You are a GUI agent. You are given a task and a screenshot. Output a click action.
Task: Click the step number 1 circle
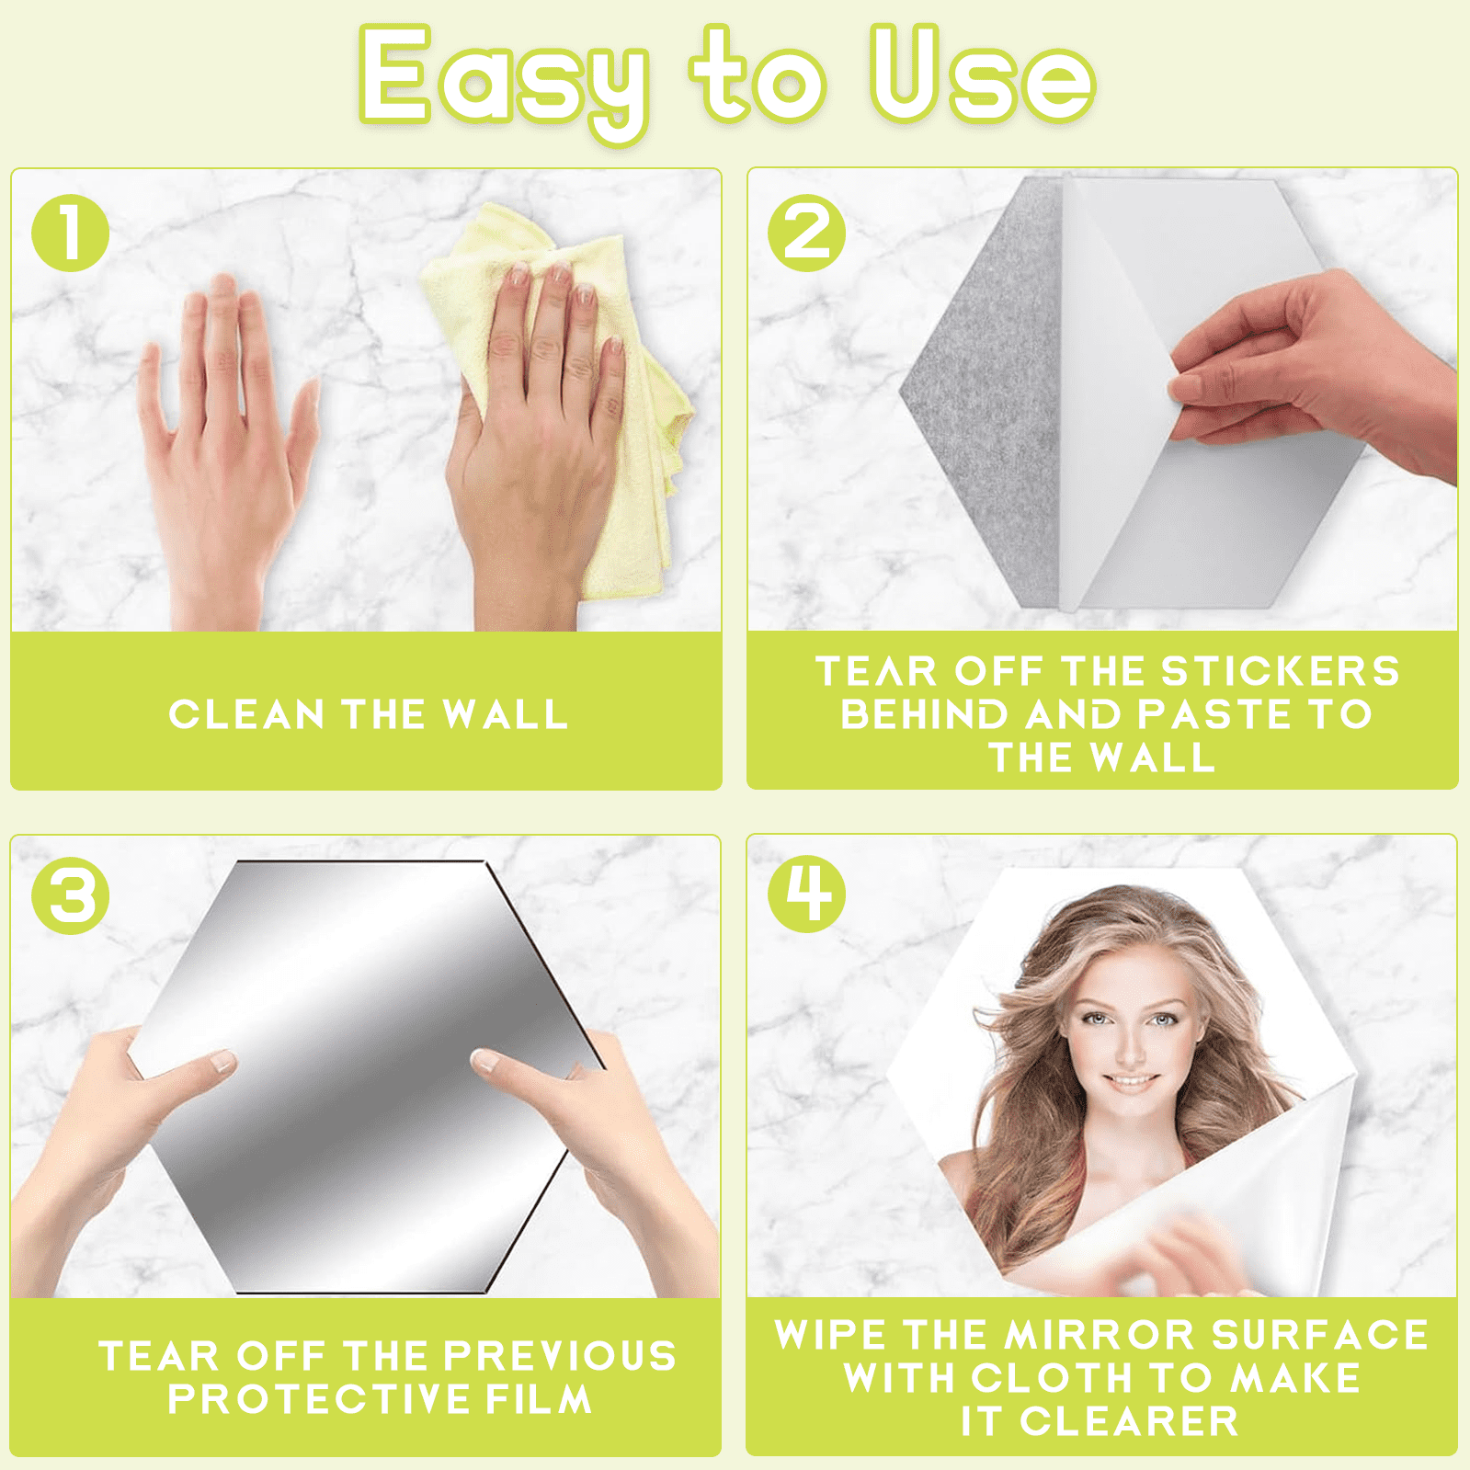[x=71, y=233]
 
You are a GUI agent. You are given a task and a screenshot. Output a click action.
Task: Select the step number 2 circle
[x=807, y=233]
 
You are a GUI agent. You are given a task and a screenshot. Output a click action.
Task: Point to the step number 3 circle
[x=71, y=895]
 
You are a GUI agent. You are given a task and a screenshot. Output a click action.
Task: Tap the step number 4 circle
[x=807, y=895]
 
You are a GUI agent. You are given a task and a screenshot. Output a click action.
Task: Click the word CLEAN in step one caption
[x=246, y=714]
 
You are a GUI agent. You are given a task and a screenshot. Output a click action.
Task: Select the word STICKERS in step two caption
[x=1281, y=671]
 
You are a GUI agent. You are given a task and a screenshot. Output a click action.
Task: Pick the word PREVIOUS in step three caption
[x=560, y=1356]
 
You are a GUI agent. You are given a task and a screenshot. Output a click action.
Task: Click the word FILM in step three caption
[x=539, y=1399]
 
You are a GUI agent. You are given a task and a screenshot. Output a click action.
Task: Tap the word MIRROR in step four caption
[x=1101, y=1335]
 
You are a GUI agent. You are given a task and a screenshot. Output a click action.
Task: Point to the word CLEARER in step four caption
[x=1129, y=1421]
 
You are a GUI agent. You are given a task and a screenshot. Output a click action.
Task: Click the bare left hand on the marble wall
[x=225, y=450]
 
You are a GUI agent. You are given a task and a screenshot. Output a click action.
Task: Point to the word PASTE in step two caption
[x=1214, y=714]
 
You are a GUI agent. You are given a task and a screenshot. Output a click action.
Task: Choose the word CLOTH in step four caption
[x=1052, y=1378]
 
